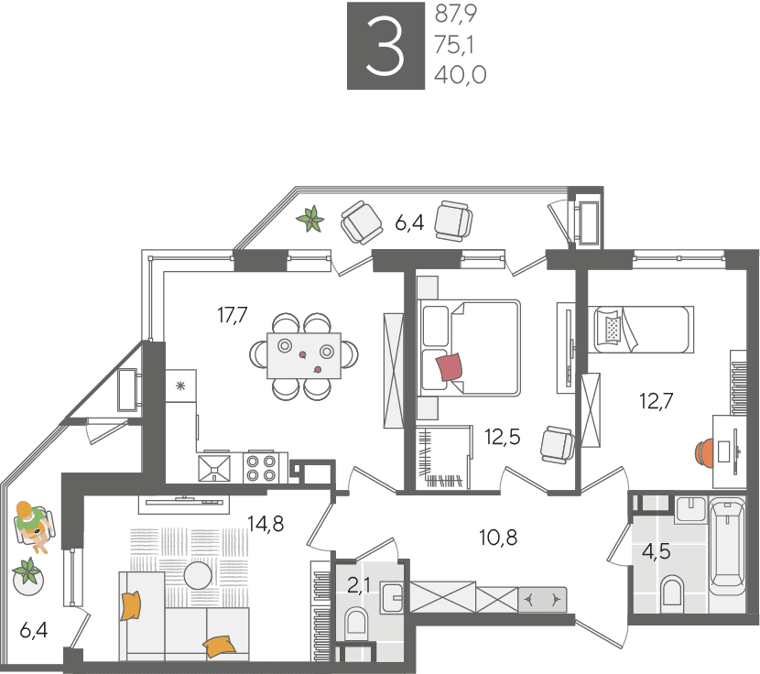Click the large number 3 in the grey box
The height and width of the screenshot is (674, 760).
click(385, 46)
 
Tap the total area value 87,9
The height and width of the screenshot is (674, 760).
click(456, 14)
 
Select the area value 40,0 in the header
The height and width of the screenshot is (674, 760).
click(460, 75)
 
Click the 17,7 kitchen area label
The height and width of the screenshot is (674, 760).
click(233, 315)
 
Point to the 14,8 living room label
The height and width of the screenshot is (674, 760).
click(266, 523)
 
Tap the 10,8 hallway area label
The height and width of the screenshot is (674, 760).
click(498, 538)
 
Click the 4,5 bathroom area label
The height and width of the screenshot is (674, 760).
click(657, 551)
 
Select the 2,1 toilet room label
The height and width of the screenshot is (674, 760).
click(359, 586)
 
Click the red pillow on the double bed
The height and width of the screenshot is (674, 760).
click(450, 366)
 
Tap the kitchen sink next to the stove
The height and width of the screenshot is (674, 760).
click(214, 468)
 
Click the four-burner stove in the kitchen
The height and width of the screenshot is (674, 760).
click(261, 468)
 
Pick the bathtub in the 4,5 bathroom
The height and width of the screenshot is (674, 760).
click(726, 548)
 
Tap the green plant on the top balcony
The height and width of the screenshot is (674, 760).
click(310, 219)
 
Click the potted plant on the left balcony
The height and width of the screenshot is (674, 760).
click(27, 576)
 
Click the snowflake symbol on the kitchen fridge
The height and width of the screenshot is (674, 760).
click(180, 386)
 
